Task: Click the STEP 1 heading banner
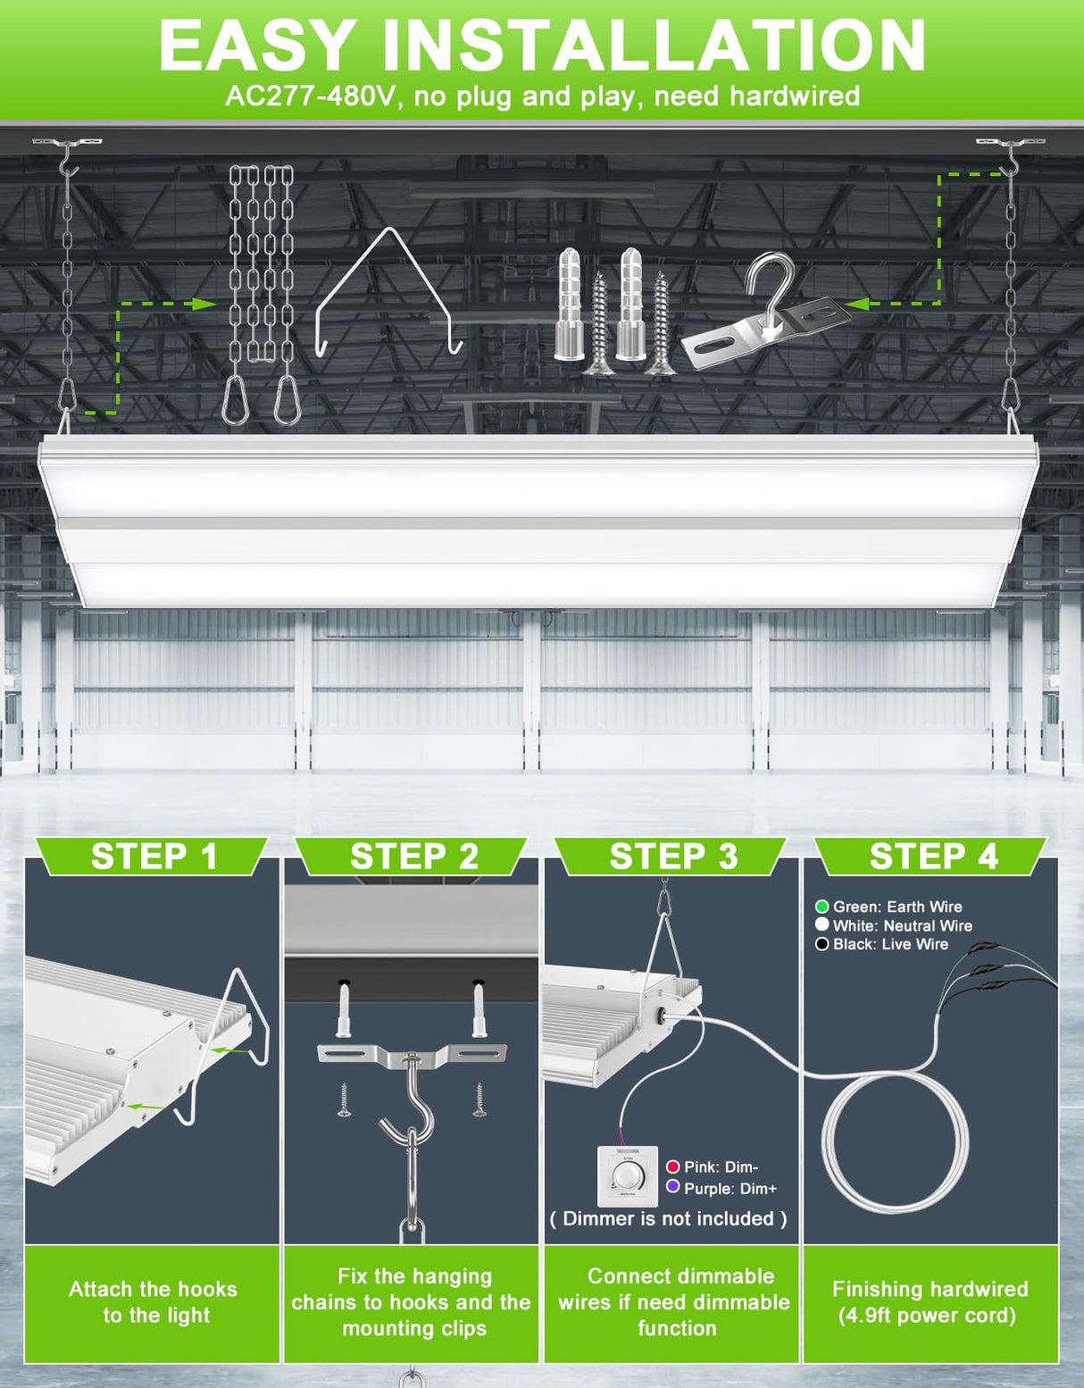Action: [154, 857]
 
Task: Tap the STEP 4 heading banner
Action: [933, 857]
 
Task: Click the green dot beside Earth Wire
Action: [822, 907]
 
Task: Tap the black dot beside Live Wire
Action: [822, 944]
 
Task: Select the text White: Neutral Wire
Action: [902, 925]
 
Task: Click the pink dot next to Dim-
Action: [673, 1166]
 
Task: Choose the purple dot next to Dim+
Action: [673, 1187]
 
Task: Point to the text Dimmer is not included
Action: [669, 1218]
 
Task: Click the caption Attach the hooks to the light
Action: [154, 1302]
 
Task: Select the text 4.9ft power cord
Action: [927, 1316]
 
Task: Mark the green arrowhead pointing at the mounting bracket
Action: [857, 304]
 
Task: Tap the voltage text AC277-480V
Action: [308, 96]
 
